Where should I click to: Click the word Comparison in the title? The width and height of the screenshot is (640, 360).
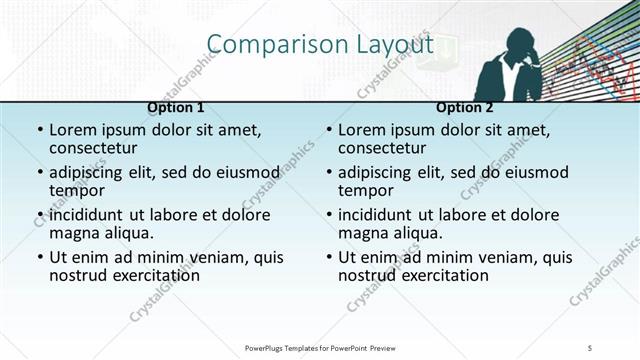(x=263, y=45)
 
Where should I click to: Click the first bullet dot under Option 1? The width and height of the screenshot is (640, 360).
(x=39, y=131)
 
